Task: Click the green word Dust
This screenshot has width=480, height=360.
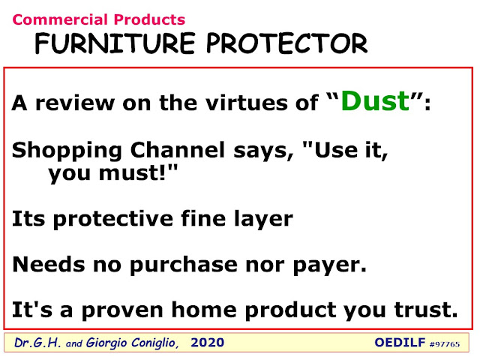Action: tap(376, 100)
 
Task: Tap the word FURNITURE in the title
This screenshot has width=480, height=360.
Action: tap(115, 43)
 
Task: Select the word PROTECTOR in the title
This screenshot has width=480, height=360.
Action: tap(287, 43)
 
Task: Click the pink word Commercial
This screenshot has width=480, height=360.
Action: tap(61, 20)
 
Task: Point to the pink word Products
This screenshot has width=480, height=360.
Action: tap(149, 20)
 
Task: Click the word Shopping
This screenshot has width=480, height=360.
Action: tap(67, 151)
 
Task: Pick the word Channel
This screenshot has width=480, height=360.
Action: tap(178, 150)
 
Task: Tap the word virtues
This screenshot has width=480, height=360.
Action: tap(247, 103)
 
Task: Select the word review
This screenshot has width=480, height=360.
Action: tap(75, 103)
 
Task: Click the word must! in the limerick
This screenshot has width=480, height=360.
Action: tap(132, 173)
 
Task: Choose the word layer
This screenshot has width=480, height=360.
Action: tap(264, 220)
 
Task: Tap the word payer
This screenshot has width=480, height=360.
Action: tap(330, 265)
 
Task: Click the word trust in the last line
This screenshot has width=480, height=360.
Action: tap(426, 310)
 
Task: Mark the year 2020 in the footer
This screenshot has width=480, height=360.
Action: tap(207, 343)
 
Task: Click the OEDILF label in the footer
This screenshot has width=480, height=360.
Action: tap(400, 343)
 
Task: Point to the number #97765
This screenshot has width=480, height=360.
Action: tap(445, 344)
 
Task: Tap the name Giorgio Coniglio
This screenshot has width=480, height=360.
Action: tap(132, 343)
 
